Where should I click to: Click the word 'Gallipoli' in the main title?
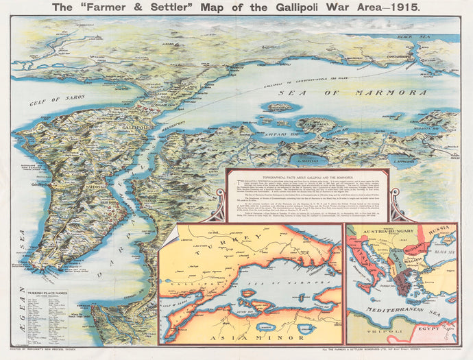(x=254, y=8)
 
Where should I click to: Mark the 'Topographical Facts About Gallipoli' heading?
(x=307, y=176)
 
